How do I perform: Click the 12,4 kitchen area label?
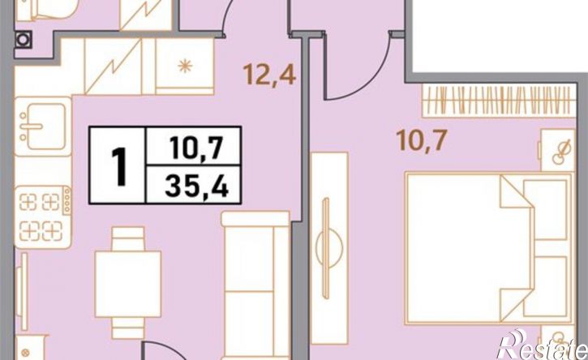click(269, 75)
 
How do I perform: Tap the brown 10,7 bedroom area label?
click(422, 140)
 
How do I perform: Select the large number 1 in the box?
click(119, 166)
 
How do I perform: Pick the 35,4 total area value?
click(196, 186)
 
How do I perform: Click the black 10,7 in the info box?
click(196, 147)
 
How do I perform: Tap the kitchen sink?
click(43, 126)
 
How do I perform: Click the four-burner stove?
click(43, 216)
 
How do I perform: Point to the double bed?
click(488, 248)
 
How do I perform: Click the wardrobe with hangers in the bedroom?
click(499, 100)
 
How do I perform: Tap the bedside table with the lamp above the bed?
click(558, 150)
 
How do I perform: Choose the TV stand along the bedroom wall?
click(329, 248)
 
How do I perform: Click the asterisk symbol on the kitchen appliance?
click(185, 66)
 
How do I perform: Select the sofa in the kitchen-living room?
click(255, 285)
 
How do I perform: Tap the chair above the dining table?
click(128, 239)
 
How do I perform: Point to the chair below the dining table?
click(128, 328)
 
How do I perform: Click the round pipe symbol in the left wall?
click(23, 39)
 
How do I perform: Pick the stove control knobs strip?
click(67, 200)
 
